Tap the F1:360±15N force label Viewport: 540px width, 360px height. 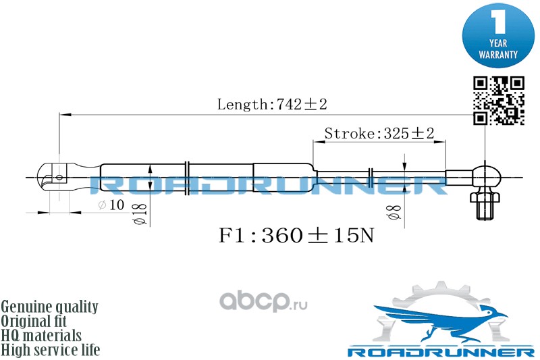[x=296, y=236]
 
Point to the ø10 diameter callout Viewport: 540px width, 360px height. [x=111, y=205]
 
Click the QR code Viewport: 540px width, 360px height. [x=498, y=100]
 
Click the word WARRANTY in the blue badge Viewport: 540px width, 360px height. [x=498, y=53]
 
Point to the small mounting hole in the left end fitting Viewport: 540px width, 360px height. [x=59, y=178]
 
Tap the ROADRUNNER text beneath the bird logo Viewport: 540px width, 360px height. [x=440, y=351]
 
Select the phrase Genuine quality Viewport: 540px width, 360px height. [x=49, y=307]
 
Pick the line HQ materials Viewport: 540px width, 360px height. [x=41, y=336]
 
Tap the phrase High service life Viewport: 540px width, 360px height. [x=51, y=350]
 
